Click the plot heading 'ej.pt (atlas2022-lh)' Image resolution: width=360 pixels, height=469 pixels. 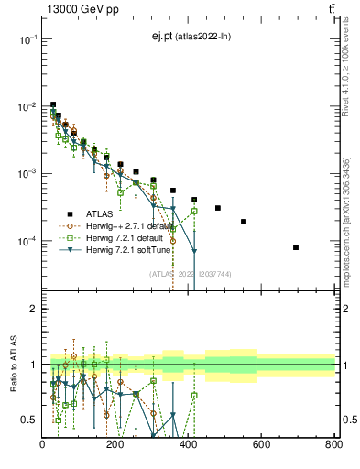pos(191,37)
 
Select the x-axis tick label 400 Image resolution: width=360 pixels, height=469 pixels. pos(189,445)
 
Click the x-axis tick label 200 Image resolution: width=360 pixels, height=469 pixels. pos(115,445)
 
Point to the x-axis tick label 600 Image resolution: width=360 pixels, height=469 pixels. pos(261,445)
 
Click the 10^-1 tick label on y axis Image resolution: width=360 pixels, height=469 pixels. pos(28,39)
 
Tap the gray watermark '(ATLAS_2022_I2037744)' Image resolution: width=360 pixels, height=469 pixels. pos(190,273)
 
